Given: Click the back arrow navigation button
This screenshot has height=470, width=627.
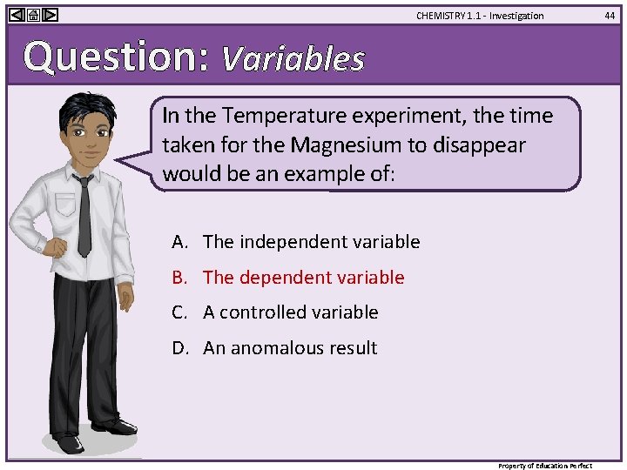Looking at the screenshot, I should click(17, 15).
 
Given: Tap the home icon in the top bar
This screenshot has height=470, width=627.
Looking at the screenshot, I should click(33, 15).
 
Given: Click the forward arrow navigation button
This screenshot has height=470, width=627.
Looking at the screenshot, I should click(50, 15).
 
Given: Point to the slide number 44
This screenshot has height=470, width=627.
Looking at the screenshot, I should click(610, 15).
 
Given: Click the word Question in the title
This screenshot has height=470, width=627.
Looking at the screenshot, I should click(113, 57).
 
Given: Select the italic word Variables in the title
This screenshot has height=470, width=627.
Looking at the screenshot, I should click(293, 58).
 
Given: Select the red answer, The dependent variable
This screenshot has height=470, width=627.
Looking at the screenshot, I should click(303, 278).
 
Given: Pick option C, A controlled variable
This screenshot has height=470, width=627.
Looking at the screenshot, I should click(290, 312).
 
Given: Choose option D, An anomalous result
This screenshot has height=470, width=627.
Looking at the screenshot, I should click(290, 348).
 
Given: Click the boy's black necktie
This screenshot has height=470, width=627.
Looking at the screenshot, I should click(84, 213).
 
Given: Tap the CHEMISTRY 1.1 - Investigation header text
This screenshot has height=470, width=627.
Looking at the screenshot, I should click(479, 16).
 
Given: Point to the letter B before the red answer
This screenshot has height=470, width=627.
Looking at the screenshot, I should click(179, 278).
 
